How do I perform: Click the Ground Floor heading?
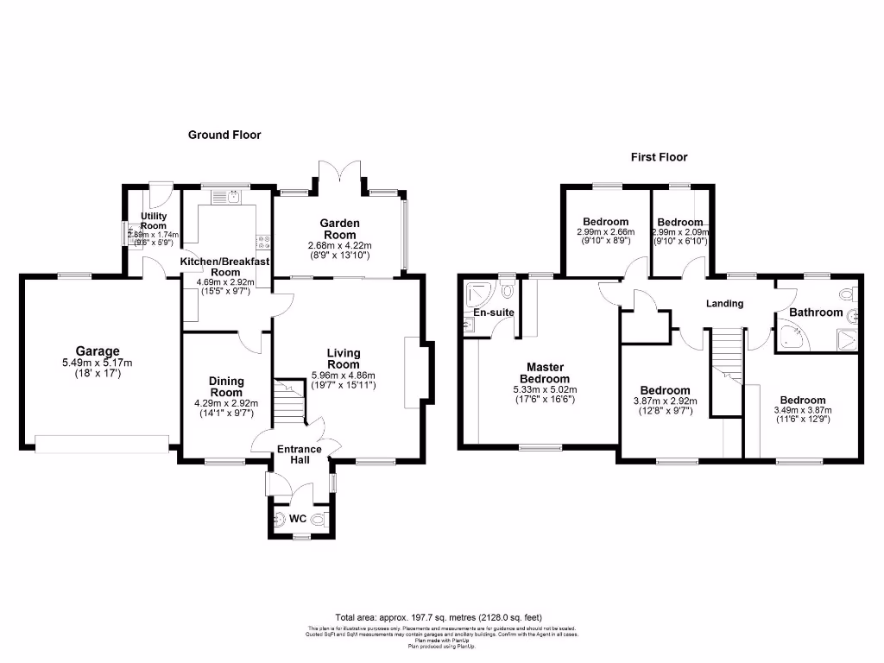pos(224,135)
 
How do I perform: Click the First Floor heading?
pos(659,157)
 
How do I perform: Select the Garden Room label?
pos(341,229)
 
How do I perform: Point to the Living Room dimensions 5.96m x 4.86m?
pos(344,375)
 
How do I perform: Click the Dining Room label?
pos(226,387)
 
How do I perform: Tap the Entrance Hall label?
pos(299,455)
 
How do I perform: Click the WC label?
pos(297,519)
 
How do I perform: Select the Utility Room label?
pos(154,220)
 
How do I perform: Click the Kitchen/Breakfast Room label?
pos(224,266)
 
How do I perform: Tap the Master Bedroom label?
pos(545,373)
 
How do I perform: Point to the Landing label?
pos(724,304)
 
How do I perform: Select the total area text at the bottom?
pos(439,617)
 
